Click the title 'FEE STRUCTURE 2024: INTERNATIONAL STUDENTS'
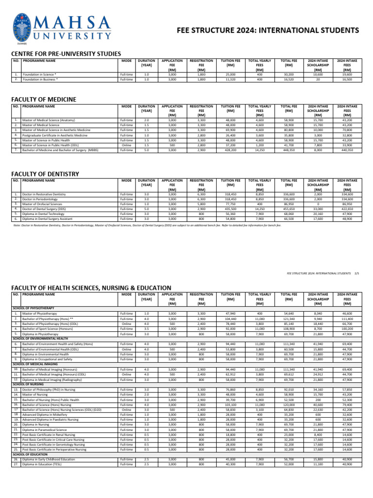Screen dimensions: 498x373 268,31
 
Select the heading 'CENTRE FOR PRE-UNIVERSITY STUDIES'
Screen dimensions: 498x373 66,53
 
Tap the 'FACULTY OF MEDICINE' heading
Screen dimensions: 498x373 44,99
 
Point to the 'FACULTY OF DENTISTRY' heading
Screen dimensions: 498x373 45,174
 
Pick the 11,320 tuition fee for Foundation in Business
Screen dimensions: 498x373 230,79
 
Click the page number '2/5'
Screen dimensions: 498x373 357,273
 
